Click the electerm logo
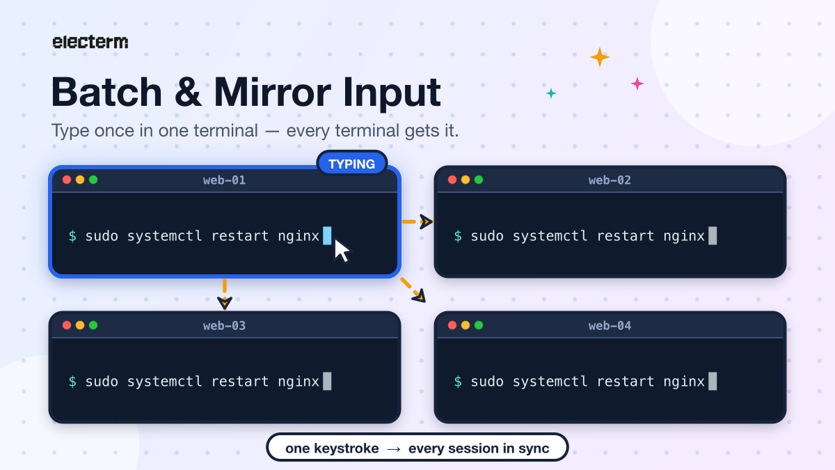(90, 42)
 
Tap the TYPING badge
(352, 164)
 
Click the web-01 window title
(224, 180)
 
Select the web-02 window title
(610, 180)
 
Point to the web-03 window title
(224, 326)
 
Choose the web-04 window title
(610, 326)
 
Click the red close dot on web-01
(67, 180)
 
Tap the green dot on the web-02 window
(479, 180)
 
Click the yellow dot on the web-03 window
(80, 325)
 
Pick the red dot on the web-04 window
(452, 325)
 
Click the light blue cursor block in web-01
(327, 236)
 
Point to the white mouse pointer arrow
(341, 251)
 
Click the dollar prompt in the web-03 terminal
(72, 382)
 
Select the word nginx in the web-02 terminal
(684, 237)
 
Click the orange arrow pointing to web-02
(417, 221)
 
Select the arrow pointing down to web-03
(224, 295)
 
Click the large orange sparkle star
(599, 57)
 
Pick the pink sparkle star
(637, 84)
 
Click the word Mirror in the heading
(273, 92)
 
